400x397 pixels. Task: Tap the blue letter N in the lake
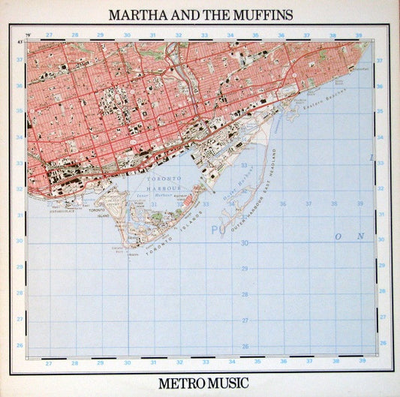[360, 236]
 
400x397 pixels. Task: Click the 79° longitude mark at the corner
[28, 35]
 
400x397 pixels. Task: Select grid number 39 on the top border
[359, 35]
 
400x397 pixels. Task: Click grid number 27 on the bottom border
[49, 363]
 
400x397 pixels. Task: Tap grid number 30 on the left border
[20, 241]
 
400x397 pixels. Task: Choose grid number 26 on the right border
[380, 344]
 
